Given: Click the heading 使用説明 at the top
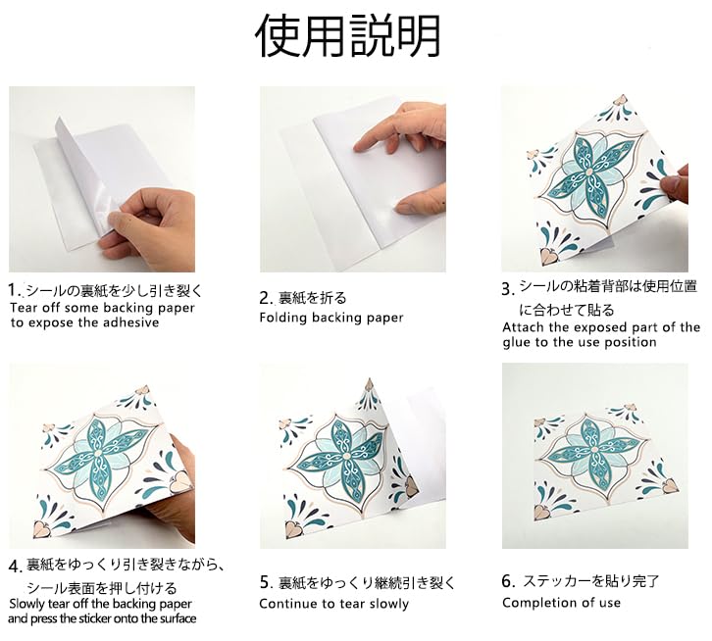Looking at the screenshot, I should coord(348,37).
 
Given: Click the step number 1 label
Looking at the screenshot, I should coord(14,290).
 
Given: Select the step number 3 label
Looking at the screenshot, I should coord(507,288).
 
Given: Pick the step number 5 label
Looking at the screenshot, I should coord(266,582).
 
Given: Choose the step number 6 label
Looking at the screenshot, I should coord(507,581).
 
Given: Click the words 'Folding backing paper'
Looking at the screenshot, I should coord(331,318).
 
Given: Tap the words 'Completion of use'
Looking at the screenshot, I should coord(561,603).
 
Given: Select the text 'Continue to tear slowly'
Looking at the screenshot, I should coord(333,604).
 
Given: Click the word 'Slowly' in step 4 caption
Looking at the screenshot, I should coord(28,603).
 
